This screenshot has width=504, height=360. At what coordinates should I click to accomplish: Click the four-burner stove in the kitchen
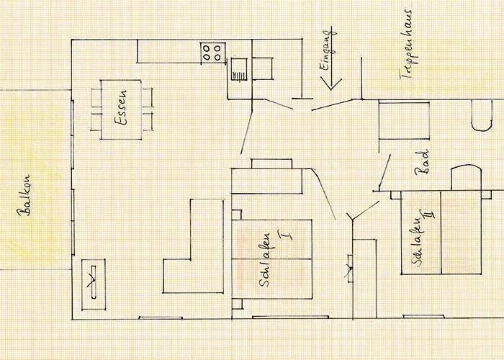211,51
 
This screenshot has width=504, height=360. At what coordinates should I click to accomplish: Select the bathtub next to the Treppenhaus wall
404,120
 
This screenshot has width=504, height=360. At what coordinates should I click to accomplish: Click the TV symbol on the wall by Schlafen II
350,270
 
